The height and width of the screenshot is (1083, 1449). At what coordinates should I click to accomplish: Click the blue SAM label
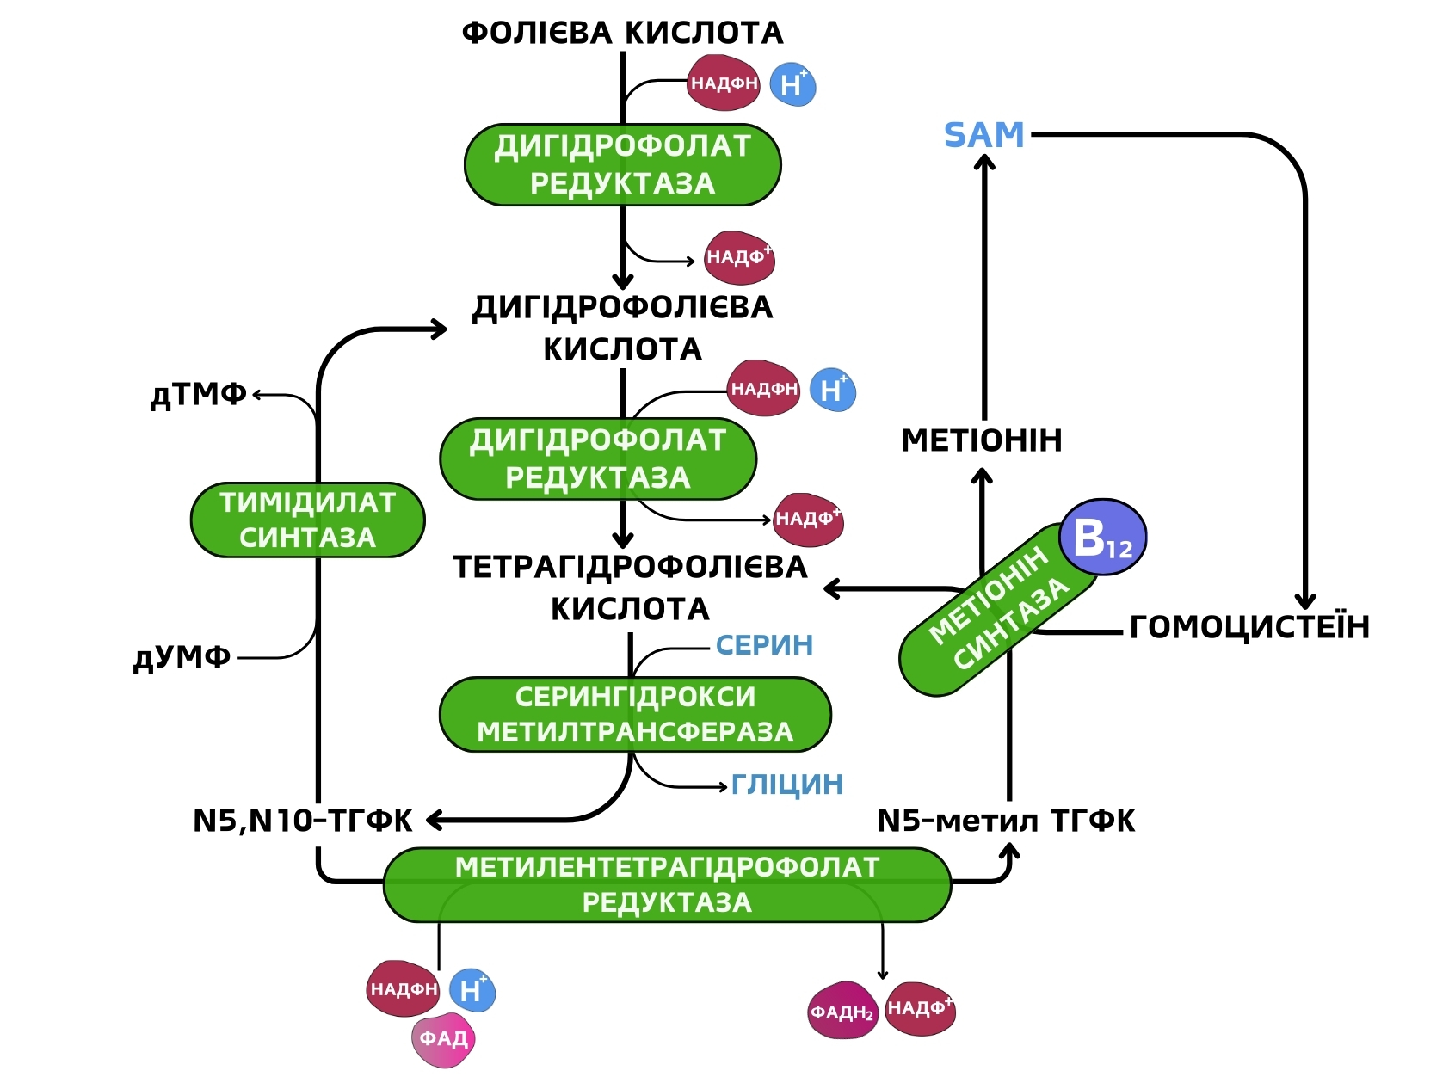(984, 135)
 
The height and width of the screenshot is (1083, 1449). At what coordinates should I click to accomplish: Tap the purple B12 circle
(1102, 538)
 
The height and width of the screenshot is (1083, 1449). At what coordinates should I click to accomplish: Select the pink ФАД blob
(443, 1040)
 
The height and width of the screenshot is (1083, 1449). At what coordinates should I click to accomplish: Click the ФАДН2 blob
(842, 1011)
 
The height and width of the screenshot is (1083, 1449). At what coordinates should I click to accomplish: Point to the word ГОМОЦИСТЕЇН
(1249, 627)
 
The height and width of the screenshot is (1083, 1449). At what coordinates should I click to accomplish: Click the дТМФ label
(199, 395)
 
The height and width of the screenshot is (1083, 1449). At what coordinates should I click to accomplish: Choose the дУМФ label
(182, 658)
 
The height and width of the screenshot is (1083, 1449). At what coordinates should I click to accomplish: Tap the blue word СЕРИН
(764, 645)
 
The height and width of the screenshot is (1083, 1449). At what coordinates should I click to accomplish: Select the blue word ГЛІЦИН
(787, 785)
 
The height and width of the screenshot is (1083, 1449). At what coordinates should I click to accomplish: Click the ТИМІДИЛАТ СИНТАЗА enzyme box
(307, 520)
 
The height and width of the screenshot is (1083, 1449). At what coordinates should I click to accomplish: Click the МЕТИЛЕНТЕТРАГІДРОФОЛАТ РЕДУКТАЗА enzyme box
(667, 885)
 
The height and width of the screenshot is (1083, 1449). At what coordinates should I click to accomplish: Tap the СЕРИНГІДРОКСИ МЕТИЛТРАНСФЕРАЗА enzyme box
(635, 715)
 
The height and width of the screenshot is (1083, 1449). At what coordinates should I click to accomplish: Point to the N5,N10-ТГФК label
(303, 821)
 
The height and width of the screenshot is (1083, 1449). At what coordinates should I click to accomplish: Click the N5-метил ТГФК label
(1006, 821)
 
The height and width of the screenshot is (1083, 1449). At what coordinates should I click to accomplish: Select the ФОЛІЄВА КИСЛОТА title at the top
(622, 33)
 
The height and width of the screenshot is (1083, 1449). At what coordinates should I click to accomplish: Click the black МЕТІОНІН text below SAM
(982, 440)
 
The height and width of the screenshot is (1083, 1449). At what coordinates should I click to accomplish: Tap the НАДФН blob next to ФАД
(403, 989)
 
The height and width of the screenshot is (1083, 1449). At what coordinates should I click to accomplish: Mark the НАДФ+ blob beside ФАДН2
(920, 1008)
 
